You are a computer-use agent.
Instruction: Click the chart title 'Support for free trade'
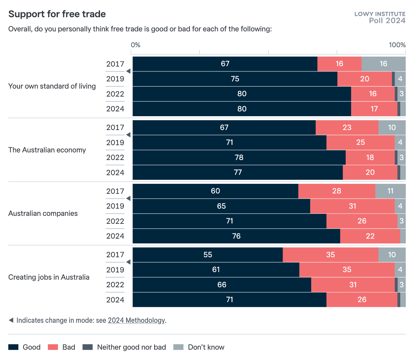click(57, 14)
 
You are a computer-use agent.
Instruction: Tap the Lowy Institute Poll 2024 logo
click(380, 17)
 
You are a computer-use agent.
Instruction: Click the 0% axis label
click(136, 45)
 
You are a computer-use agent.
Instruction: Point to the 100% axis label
click(397, 45)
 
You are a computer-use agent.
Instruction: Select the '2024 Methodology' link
click(136, 320)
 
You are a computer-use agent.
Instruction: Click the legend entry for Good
click(24, 347)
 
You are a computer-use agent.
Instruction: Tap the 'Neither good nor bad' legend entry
click(124, 347)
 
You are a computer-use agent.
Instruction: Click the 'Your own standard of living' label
click(52, 86)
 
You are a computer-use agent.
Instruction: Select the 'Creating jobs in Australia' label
click(49, 277)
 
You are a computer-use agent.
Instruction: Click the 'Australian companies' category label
click(43, 213)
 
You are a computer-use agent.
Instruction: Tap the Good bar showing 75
click(235, 79)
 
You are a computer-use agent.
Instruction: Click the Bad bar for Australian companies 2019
click(352, 206)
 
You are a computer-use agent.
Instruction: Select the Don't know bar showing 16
click(383, 64)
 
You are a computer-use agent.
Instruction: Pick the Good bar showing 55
click(208, 255)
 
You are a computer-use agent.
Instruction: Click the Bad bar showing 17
click(374, 109)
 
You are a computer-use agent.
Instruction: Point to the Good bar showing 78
click(239, 158)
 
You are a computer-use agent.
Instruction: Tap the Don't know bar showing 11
click(390, 191)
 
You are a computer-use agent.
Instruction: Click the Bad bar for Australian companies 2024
click(370, 236)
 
